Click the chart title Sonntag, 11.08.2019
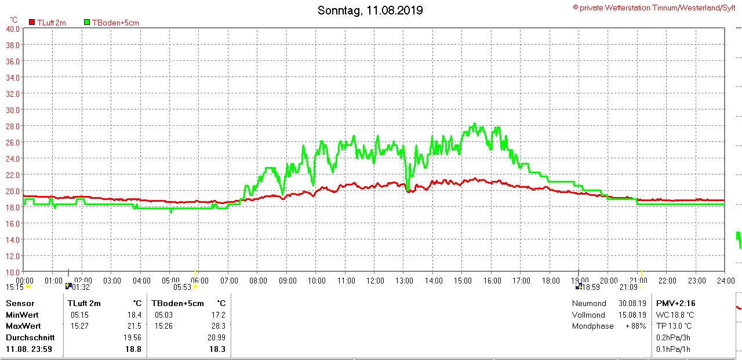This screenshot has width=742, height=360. coord(370,10)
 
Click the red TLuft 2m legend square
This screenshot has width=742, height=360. coord(32,22)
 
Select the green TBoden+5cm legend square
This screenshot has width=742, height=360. coord(87,22)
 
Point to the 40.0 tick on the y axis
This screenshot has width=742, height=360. coord(13,28)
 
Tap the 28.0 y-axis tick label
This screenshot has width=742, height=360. coord(13,126)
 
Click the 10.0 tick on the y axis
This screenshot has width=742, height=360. coord(13,272)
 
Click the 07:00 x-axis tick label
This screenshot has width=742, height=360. coord(228,281)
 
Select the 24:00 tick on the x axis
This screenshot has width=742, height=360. coord(725,281)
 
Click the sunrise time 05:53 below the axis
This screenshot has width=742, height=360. coord(183,287)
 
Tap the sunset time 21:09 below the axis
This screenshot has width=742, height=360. coord(628,287)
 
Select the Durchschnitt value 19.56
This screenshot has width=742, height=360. coord(132,337)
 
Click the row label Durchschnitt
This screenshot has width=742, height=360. coord(30,337)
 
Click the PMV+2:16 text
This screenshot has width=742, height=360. coord(675,303)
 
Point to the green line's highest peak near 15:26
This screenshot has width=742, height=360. coord(474,123)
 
